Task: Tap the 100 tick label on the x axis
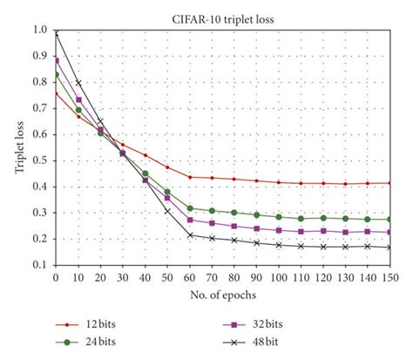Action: click(x=278, y=277)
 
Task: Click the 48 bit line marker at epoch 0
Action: click(x=56, y=32)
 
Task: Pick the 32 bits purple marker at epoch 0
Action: click(x=56, y=60)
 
